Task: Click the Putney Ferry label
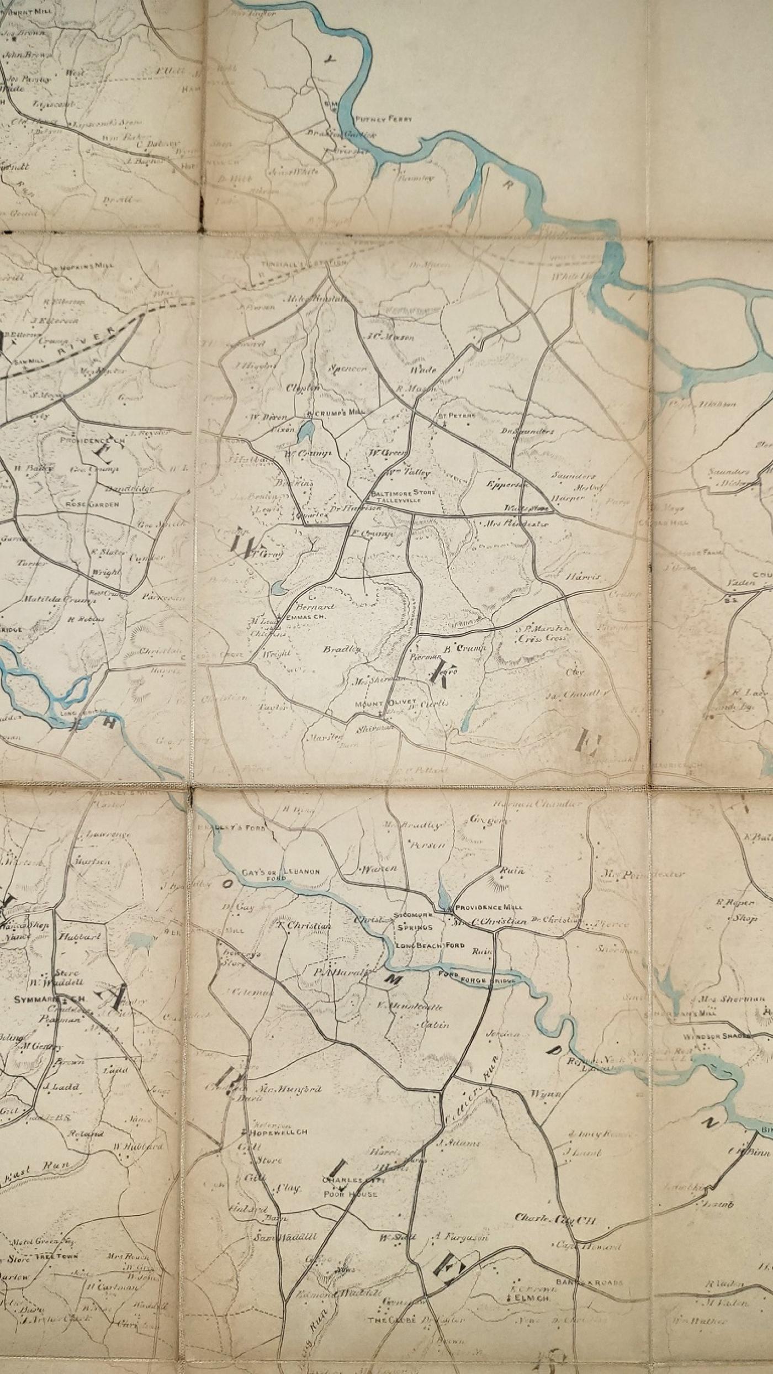pyautogui.click(x=384, y=119)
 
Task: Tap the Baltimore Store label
pyautogui.click(x=404, y=492)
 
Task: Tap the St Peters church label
pyautogui.click(x=454, y=416)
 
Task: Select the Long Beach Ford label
pyautogui.click(x=430, y=945)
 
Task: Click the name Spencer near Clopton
pyautogui.click(x=347, y=368)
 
